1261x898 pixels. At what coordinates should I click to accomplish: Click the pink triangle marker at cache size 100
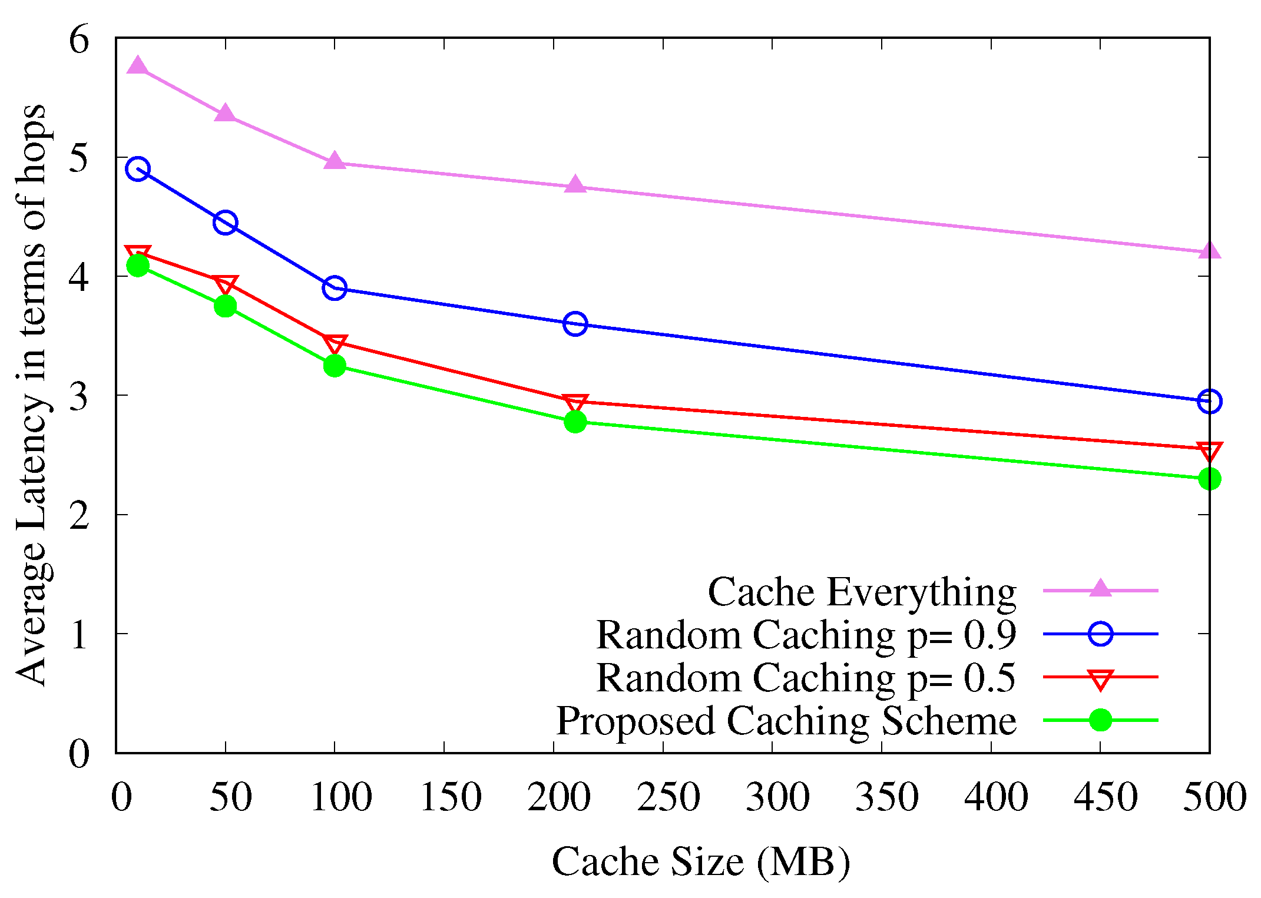tap(335, 161)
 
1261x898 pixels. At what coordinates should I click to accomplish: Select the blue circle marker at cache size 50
tap(225, 223)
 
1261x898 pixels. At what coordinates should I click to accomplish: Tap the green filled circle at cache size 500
tap(1209, 479)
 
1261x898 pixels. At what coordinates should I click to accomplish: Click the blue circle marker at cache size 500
tap(1209, 401)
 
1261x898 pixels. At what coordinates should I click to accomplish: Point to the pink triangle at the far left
tap(138, 66)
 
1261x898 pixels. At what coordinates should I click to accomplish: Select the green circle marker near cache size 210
tap(575, 422)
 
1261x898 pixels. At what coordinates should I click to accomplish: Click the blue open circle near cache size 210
tap(575, 323)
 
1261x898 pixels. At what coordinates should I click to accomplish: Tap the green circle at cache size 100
tap(335, 366)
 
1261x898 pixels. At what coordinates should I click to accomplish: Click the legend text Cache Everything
tap(862, 591)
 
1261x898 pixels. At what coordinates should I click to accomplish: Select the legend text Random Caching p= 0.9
tap(806, 635)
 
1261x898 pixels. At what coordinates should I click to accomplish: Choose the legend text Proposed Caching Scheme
tap(786, 721)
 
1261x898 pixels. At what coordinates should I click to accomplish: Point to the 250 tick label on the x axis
tap(668, 797)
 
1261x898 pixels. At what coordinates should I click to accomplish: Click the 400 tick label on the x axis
tap(996, 797)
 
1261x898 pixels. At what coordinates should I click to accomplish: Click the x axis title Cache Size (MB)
tap(700, 862)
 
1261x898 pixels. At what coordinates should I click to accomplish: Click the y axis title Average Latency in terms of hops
tap(32, 395)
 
